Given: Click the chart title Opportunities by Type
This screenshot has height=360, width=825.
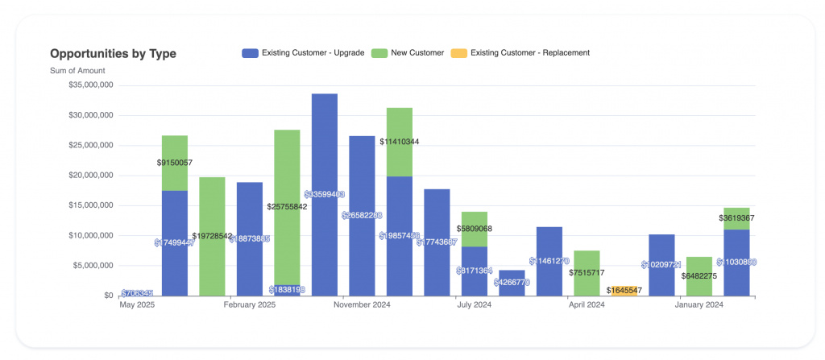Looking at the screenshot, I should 113,54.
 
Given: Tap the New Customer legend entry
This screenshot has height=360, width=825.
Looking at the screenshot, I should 408,53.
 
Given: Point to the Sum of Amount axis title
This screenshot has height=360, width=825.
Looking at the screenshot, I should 77,71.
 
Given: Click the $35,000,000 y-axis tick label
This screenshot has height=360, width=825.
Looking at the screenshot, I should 90,85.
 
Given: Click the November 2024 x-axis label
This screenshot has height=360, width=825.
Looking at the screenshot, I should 362,305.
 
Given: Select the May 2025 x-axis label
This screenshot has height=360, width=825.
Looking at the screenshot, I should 137,305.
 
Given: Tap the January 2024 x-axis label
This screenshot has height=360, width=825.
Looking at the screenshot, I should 699,305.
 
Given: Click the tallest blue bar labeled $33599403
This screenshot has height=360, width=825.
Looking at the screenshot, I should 325,161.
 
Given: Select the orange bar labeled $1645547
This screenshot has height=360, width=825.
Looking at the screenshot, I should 624,291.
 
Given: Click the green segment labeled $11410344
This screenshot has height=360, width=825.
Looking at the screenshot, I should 400,129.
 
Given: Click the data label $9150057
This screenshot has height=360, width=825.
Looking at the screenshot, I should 175,163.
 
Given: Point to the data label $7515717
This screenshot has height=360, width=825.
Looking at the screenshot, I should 587,273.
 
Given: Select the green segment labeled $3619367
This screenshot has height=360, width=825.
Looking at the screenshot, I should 736,218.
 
